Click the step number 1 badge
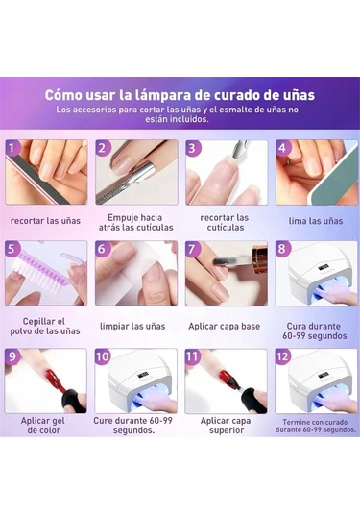(x=12, y=148)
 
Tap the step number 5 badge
(x=12, y=249)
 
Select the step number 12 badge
(x=282, y=356)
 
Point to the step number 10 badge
(x=102, y=356)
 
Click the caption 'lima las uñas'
(x=316, y=221)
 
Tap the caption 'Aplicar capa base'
(x=225, y=326)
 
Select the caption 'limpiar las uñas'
(x=132, y=326)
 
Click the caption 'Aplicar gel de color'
(x=44, y=426)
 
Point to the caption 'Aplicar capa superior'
(x=226, y=426)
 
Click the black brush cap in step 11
(x=252, y=401)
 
